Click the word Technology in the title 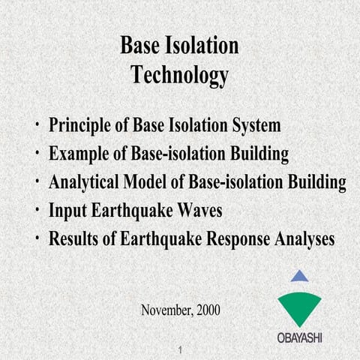[179, 76]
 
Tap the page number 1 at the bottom [180, 351]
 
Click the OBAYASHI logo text [299, 337]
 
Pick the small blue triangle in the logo [299, 275]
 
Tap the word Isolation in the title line [198, 46]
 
